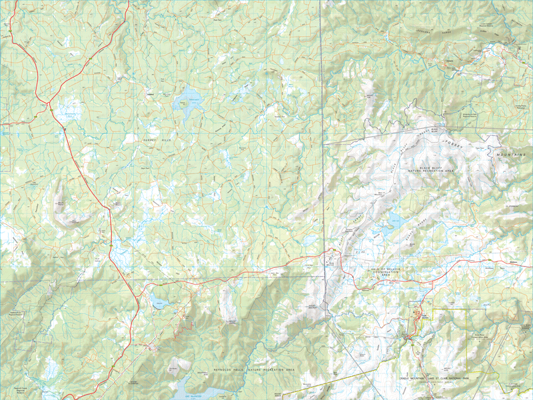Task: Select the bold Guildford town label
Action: [x=151, y=93]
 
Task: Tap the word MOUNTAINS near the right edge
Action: [x=510, y=154]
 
